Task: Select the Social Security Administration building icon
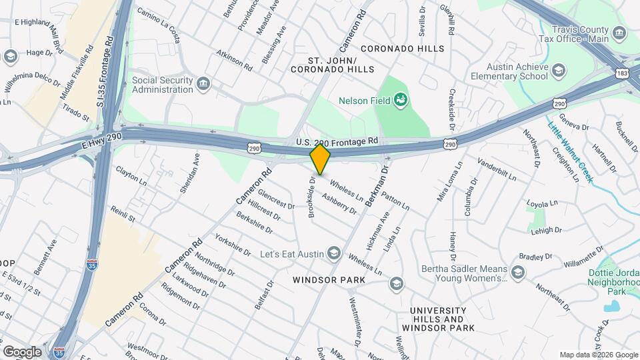[203, 83]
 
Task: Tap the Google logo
[22, 351]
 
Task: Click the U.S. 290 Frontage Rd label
[337, 141]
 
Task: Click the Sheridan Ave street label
[189, 174]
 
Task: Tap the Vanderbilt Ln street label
[497, 170]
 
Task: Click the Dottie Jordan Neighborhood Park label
[614, 282]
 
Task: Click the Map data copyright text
[598, 355]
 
